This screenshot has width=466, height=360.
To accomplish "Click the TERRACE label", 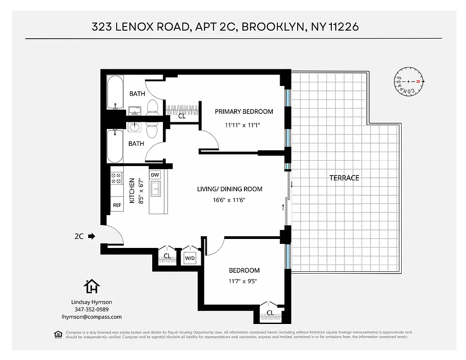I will pyautogui.click(x=344, y=178).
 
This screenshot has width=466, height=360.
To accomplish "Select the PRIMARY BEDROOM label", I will pyautogui.click(x=244, y=112).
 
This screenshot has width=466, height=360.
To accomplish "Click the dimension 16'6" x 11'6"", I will pyautogui.click(x=230, y=200).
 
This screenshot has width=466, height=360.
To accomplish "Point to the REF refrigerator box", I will pyautogui.click(x=117, y=205).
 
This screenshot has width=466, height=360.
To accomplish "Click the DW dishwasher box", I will pyautogui.click(x=154, y=175).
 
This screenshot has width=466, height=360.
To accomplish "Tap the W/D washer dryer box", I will pyautogui.click(x=190, y=258).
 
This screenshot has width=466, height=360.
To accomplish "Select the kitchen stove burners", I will pyautogui.click(x=117, y=178).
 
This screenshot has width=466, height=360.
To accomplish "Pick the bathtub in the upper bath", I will pyautogui.click(x=116, y=93).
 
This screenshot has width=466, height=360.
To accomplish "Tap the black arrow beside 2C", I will pyautogui.click(x=92, y=235).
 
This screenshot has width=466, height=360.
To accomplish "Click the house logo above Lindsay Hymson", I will pyautogui.click(x=92, y=286).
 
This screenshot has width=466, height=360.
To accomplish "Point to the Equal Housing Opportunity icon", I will pyautogui.click(x=58, y=334).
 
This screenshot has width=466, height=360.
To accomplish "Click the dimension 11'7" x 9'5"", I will pyautogui.click(x=244, y=281).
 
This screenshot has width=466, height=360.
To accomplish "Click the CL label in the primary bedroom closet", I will pyautogui.click(x=182, y=116).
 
